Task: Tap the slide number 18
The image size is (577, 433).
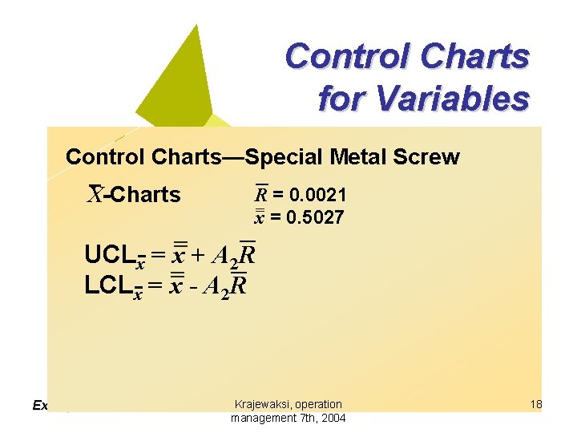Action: (535, 404)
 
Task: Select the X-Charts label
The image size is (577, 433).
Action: (134, 195)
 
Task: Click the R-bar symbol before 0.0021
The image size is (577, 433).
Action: (261, 194)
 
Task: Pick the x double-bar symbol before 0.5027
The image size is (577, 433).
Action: (260, 216)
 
